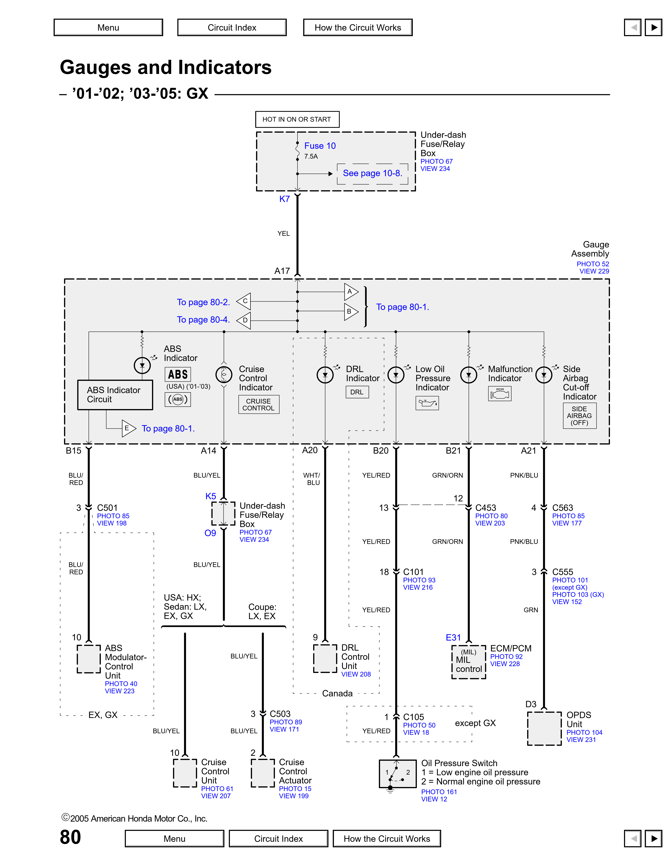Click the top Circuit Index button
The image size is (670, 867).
coord(232,27)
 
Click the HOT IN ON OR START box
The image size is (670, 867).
coord(297,119)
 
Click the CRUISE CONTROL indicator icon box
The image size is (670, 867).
coord(258,404)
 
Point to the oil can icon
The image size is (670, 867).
coord(427,403)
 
